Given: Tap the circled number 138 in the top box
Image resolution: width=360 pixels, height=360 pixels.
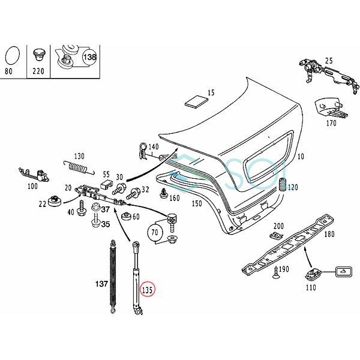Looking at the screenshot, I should click(89, 57).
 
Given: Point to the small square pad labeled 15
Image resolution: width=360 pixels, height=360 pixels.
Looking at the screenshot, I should click(195, 100).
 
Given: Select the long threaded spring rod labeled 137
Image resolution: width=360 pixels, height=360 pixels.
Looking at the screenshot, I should click(112, 273).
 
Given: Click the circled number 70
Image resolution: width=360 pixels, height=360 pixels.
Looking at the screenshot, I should click(154, 232).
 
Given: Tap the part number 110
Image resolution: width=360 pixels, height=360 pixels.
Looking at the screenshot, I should click(310, 287).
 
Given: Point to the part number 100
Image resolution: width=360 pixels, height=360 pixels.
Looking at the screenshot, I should click(32, 187).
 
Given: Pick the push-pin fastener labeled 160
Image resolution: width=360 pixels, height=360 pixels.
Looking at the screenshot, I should click(163, 193).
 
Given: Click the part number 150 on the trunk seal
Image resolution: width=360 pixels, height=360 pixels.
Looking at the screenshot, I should click(196, 204).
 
